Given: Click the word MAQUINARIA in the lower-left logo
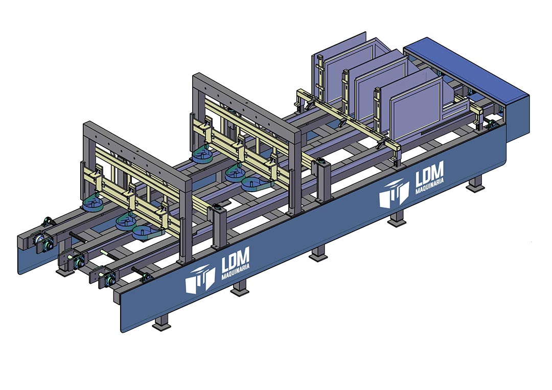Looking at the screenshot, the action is point(236,272).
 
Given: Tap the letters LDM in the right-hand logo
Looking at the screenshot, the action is point(429,174).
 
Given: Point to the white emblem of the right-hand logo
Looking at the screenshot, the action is point(394,194).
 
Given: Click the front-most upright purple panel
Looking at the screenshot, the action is point(416,109).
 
